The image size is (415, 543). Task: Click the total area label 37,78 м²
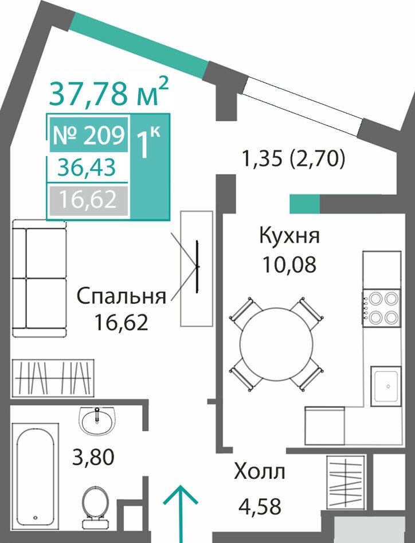(x=108, y=92)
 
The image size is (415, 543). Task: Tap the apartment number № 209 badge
(x=88, y=135)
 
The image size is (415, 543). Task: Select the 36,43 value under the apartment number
(x=87, y=168)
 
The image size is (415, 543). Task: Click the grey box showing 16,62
(x=88, y=200)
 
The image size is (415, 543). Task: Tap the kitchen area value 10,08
(x=289, y=265)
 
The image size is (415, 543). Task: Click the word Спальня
(x=122, y=297)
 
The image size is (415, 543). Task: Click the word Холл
(x=259, y=471)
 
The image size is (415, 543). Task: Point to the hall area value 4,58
(x=260, y=506)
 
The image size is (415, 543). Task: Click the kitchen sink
(x=386, y=386)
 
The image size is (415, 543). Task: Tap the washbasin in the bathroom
(x=97, y=420)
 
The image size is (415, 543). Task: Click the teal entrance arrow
(x=180, y=514)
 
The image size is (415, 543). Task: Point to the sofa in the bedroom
(x=39, y=278)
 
